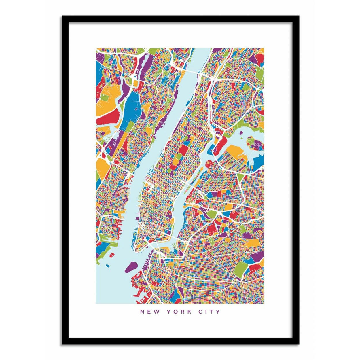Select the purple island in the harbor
click(x=131, y=266)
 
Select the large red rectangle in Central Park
click(x=183, y=149)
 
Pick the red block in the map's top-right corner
click(x=259, y=60)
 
